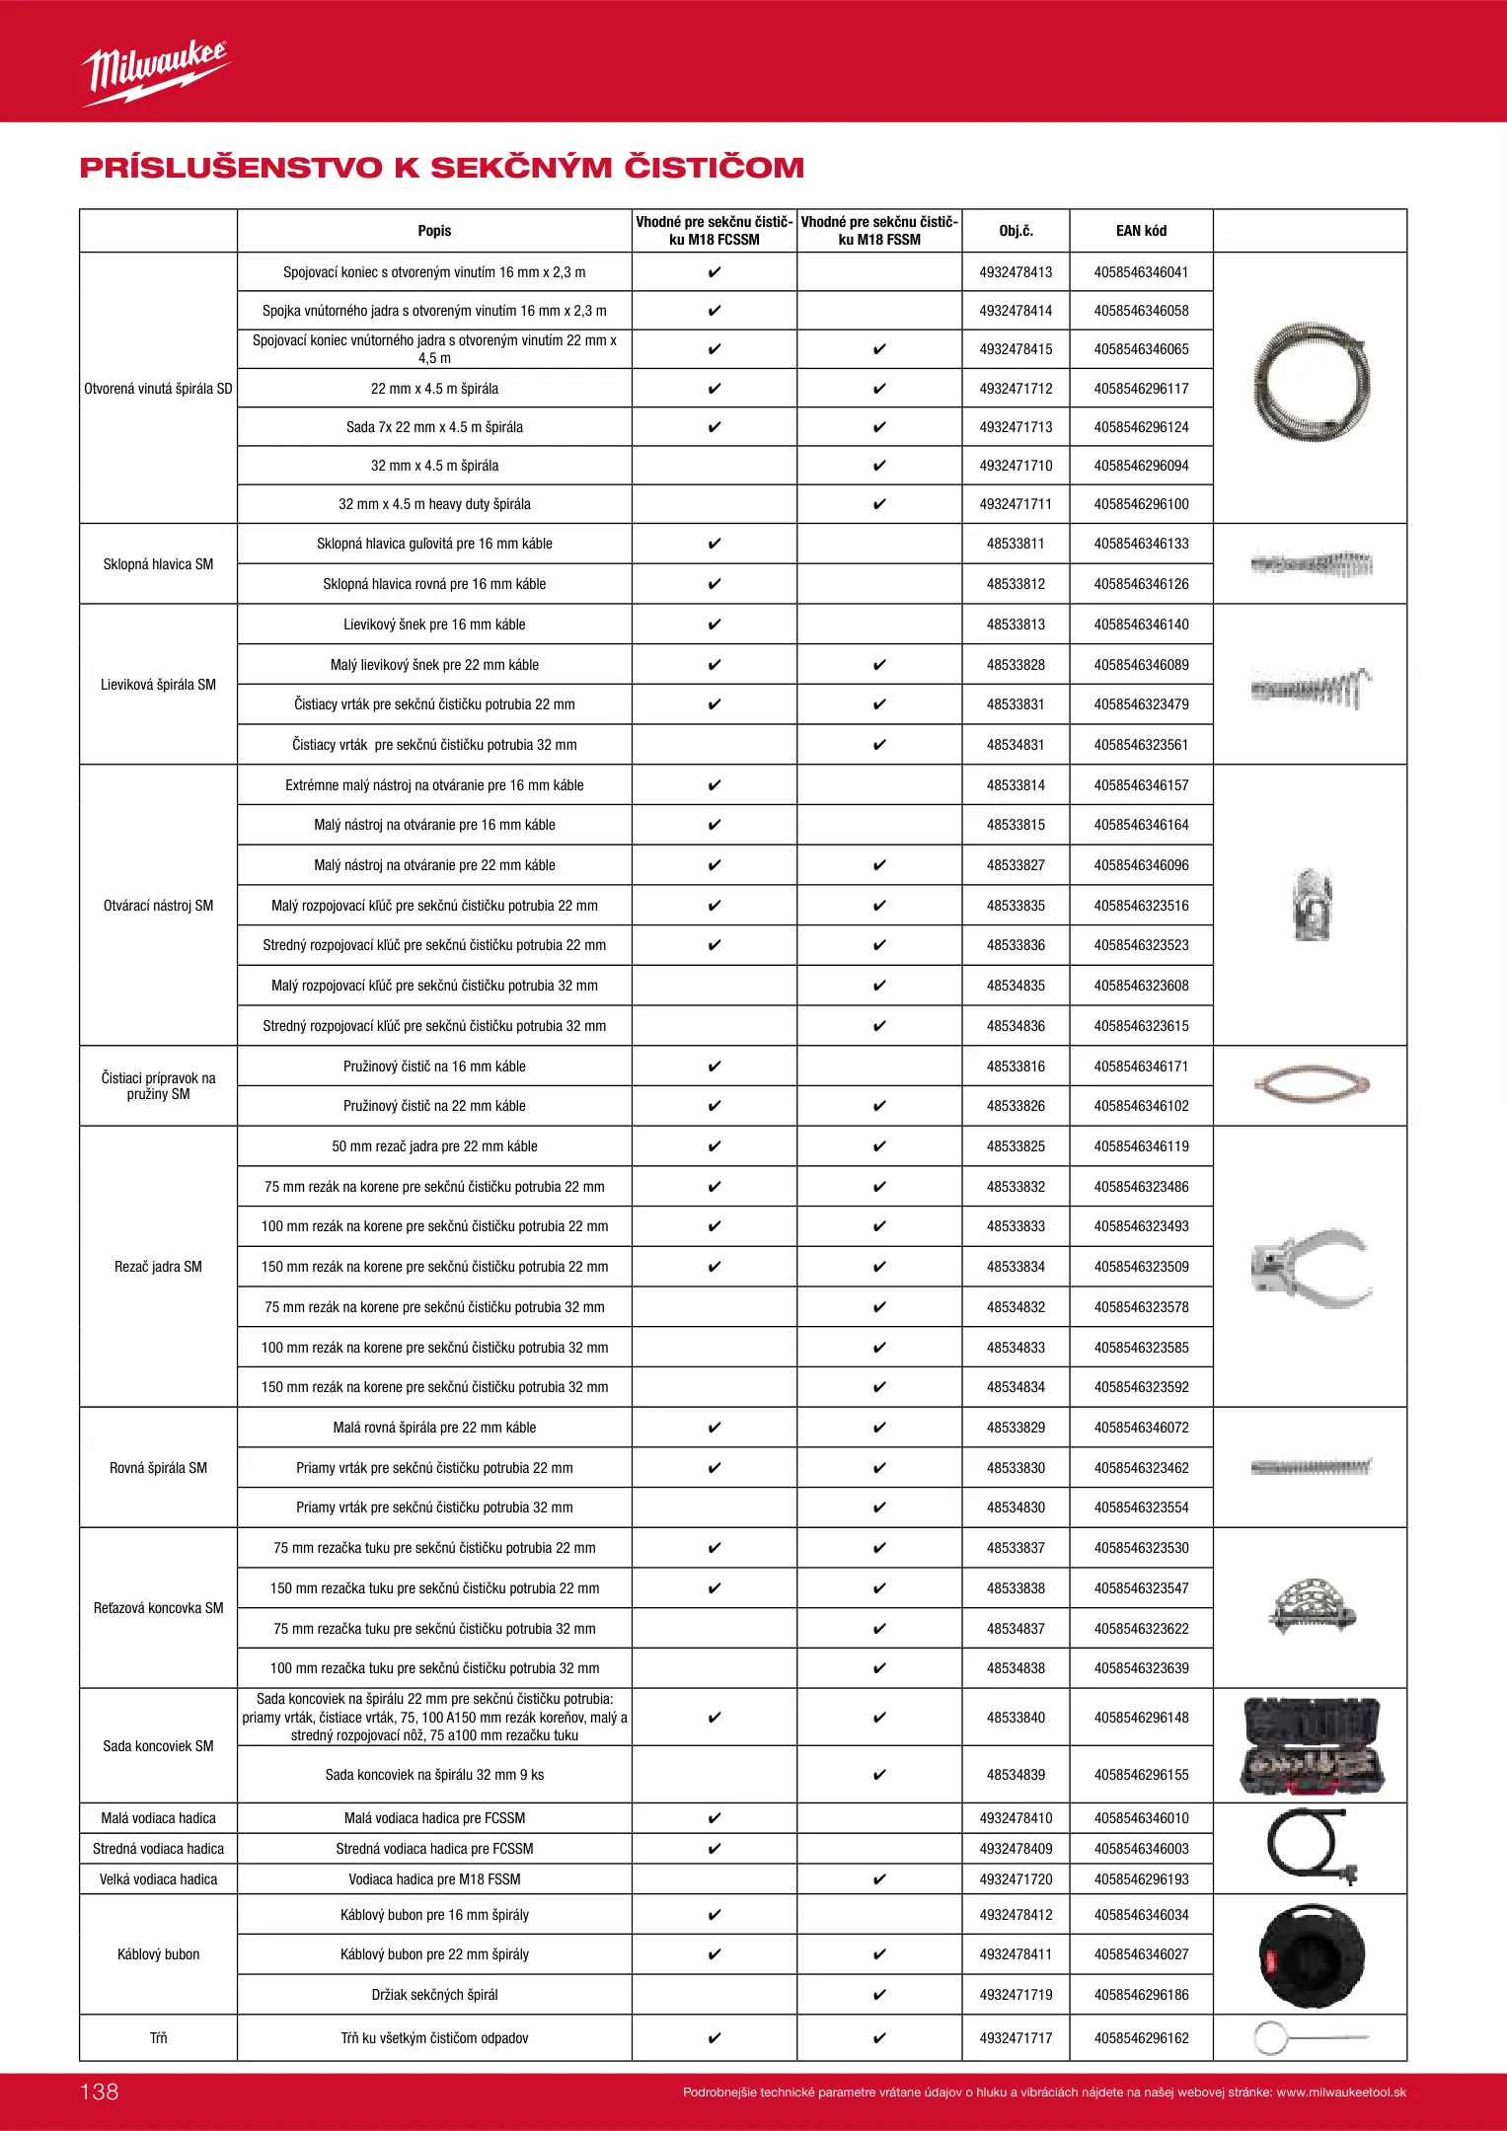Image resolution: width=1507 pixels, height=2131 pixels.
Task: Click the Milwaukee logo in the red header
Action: pos(155,72)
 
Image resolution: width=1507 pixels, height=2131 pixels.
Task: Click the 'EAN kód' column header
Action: pos(1141,231)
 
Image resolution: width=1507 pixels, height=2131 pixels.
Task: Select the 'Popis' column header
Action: pos(434,231)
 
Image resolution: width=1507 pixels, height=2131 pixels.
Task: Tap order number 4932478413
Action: pos(1016,272)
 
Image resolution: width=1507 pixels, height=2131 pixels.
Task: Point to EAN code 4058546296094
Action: pos(1141,466)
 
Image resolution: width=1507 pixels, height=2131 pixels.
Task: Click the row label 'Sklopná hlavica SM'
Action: pos(158,564)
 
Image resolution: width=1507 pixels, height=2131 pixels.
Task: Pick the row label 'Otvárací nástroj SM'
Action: pos(158,906)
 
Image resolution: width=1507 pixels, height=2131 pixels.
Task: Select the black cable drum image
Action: pos(1311,1955)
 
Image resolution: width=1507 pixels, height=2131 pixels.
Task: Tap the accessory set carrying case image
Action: pos(1312,1745)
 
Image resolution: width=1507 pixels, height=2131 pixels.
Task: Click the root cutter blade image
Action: pos(1311,1267)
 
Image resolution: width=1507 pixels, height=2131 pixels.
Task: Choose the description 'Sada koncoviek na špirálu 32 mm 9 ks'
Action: pos(434,1775)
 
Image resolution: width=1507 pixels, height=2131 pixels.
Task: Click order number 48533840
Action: pos(1016,1718)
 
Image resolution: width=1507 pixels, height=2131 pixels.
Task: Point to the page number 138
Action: pos(100,2092)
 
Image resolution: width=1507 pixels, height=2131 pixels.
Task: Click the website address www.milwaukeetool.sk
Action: pos(1341,2093)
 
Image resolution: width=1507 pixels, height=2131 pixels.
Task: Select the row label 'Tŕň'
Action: pos(158,2038)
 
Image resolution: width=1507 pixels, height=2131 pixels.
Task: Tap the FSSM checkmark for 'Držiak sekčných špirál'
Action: pos(879,1995)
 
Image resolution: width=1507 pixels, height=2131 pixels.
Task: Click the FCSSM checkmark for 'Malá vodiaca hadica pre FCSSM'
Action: pos(715,1818)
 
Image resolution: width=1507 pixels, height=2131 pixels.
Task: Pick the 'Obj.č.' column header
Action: pos(1016,231)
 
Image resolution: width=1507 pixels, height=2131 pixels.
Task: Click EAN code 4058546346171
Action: pos(1141,1066)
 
